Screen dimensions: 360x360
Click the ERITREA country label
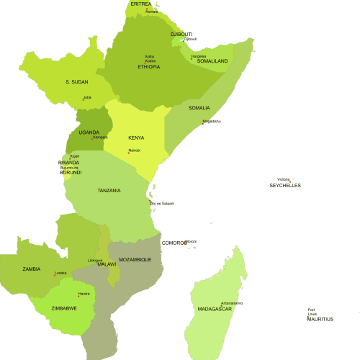pos(141,4)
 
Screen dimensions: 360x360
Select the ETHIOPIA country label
pos(149,67)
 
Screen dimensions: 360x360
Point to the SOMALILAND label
pos(212,61)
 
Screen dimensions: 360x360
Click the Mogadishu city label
pos(212,121)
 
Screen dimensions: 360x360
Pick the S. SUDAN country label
pos(76,82)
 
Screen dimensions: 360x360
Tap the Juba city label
pos(87,97)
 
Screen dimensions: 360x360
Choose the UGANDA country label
pos(89,132)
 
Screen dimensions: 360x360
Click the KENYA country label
pos(136,138)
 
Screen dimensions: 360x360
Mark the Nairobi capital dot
pos(129,153)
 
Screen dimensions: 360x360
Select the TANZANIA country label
pos(109,191)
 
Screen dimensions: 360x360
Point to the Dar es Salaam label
pos(162,204)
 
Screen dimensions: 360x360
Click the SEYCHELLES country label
pos(285,186)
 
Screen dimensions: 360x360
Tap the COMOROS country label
pos(174,243)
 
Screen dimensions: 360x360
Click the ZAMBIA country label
pos(32,269)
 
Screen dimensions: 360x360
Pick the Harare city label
pos(84,294)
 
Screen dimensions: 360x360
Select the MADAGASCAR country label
pos(215,309)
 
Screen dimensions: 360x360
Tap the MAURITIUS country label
pos(320,319)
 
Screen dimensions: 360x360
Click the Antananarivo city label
pos(232,303)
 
